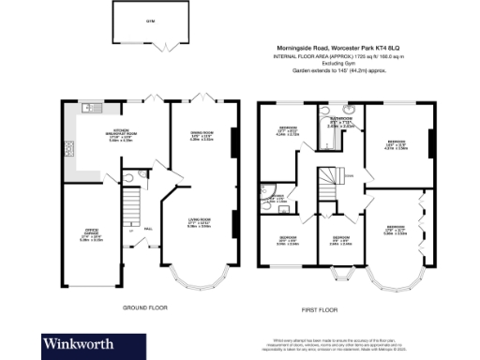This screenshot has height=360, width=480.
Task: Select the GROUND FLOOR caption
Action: coord(144,307)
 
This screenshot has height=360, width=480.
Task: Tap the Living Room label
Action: coord(199,222)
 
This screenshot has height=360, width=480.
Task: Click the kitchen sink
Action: coord(89,108)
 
